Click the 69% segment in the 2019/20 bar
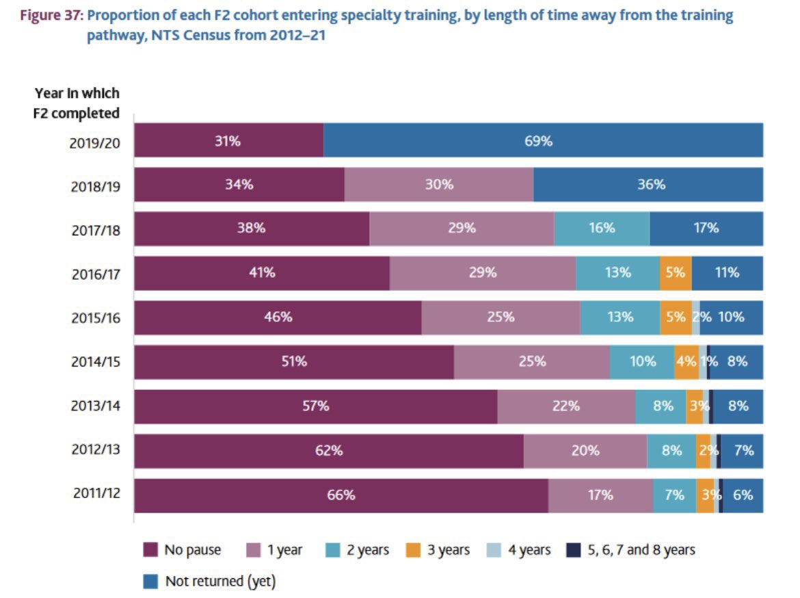tap(543, 141)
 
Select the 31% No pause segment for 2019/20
tap(228, 141)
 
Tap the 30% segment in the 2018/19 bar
tap(438, 185)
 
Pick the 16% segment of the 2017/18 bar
tap(601, 229)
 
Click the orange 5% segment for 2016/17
tap(675, 272)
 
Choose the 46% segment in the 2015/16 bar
tap(278, 317)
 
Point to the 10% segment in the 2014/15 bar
tap(641, 361)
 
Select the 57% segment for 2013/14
tap(315, 406)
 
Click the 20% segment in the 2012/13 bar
tap(585, 450)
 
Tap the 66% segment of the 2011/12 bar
tap(341, 495)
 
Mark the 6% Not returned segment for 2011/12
tap(743, 495)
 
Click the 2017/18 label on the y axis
tap(95, 229)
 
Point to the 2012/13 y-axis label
tap(95, 450)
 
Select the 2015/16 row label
tap(95, 317)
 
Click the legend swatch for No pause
tap(151, 550)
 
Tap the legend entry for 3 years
tap(438, 550)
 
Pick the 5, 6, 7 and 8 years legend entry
tap(630, 550)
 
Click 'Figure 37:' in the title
tap(51, 16)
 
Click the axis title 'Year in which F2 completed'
tap(77, 103)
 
